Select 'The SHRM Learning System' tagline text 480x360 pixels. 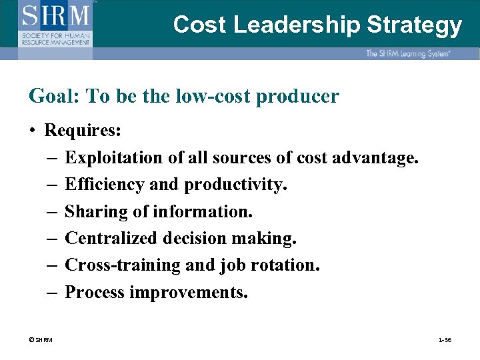pos(407,53)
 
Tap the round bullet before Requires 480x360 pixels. pos(33,130)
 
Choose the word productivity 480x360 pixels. pos(236,184)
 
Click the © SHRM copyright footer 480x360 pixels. pos(41,340)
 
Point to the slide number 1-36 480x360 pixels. pos(445,340)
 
